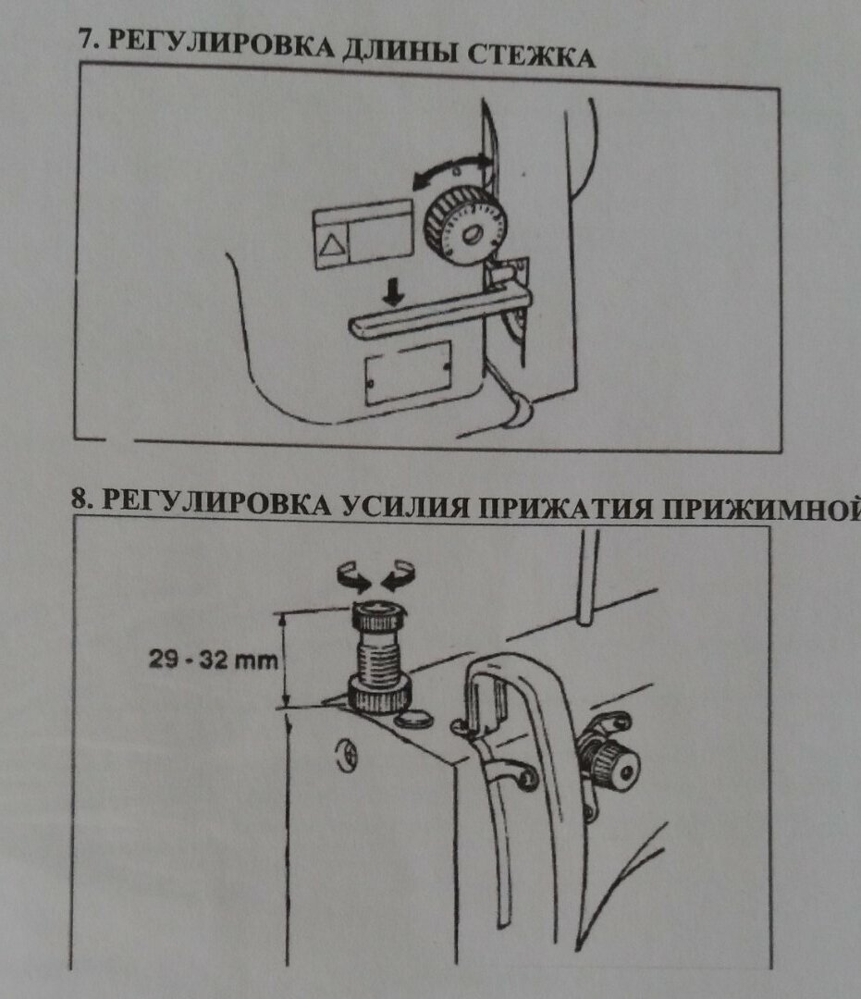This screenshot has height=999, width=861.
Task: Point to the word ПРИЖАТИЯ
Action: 568,506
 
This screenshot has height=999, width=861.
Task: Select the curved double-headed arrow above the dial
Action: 452,170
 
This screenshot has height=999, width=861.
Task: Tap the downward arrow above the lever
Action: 395,294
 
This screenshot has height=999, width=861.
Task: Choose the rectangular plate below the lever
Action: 408,372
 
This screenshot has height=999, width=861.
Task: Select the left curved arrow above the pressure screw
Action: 355,579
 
